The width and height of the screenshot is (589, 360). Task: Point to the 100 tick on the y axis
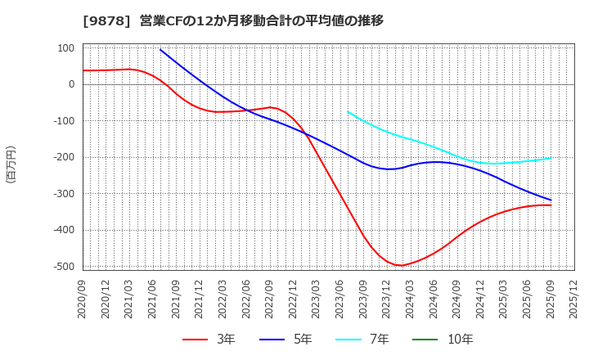pos(65,48)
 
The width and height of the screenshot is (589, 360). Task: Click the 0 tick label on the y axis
pos(71,84)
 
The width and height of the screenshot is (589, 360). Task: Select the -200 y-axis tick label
pos(63,157)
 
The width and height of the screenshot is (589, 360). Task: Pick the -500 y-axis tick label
pos(63,267)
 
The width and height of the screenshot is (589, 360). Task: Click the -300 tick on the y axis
pos(63,194)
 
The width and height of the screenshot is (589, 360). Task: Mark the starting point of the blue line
pos(160,50)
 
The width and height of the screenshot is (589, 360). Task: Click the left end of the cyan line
pos(348,111)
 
